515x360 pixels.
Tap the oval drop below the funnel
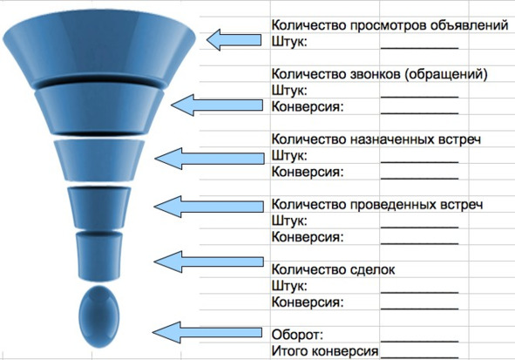(99, 317)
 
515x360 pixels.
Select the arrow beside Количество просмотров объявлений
(234, 40)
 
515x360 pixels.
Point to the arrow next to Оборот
(207, 332)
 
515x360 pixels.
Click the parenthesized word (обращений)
(446, 74)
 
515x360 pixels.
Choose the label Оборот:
(297, 335)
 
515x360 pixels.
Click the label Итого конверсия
(325, 351)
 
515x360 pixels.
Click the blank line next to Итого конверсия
(419, 357)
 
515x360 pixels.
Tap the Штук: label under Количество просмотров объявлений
(289, 42)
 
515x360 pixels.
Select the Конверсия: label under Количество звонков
(308, 106)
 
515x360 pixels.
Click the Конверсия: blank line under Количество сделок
(419, 309)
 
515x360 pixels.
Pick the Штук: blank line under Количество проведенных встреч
(419, 228)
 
